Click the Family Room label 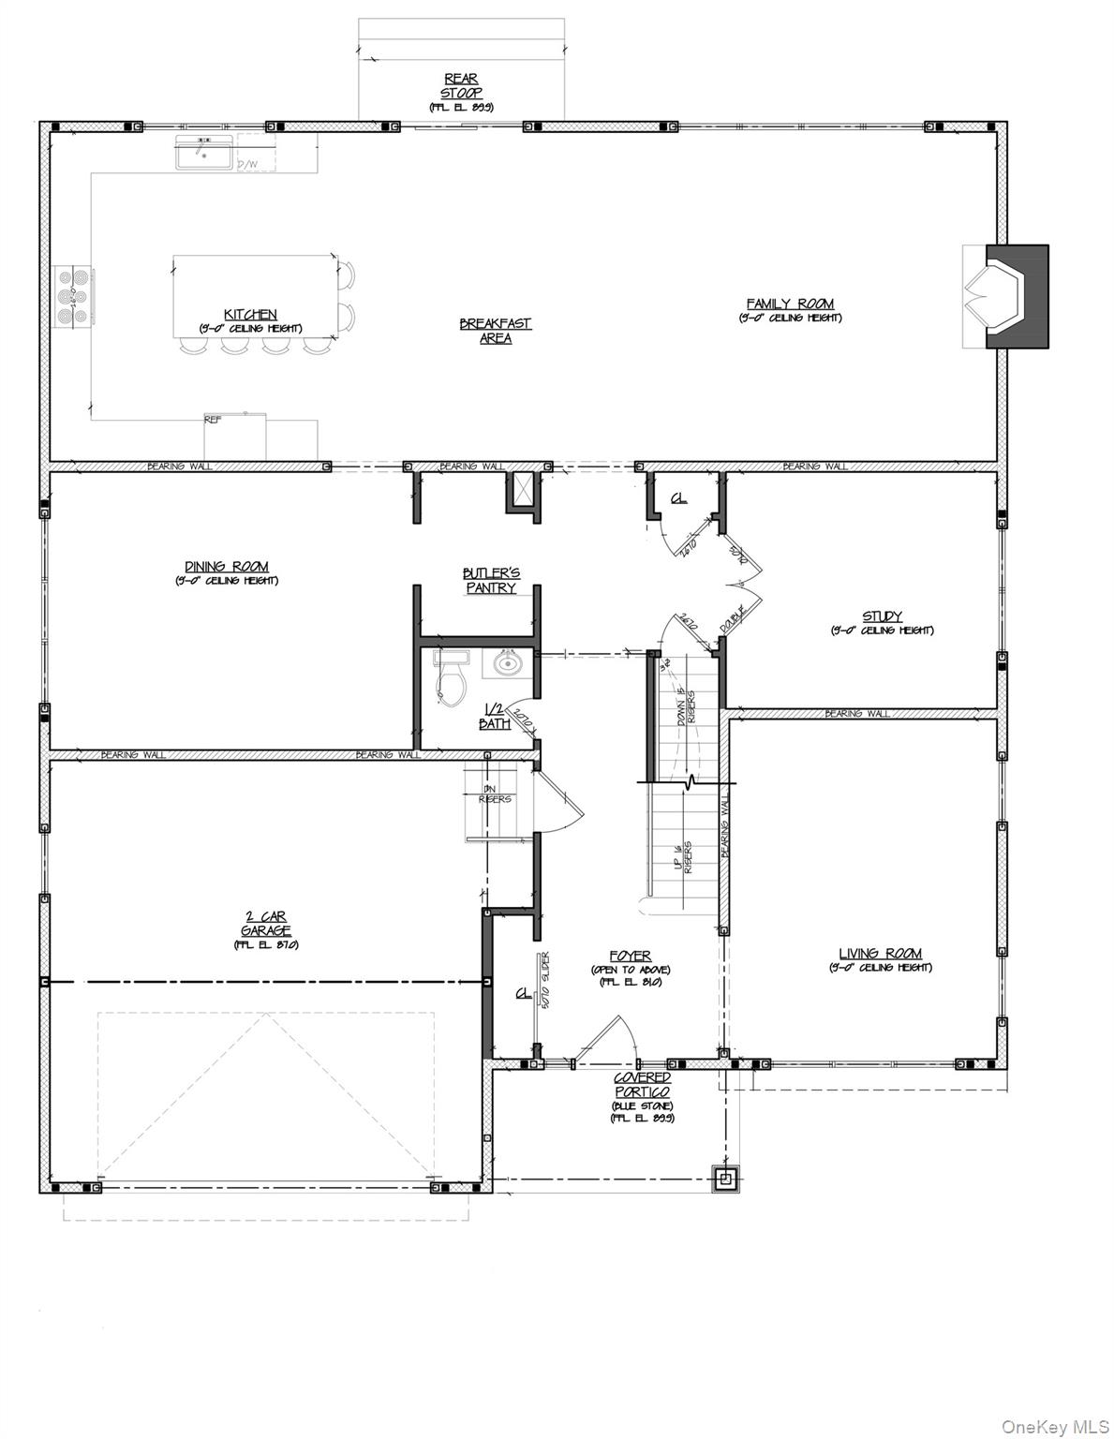[789, 304]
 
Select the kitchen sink [203, 153]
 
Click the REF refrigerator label [213, 421]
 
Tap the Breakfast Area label [495, 331]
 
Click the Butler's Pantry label [490, 580]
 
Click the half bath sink [507, 664]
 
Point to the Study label [881, 616]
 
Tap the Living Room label [880, 954]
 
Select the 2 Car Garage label [265, 924]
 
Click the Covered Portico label [642, 1085]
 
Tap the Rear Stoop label [461, 86]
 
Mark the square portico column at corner [727, 1178]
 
